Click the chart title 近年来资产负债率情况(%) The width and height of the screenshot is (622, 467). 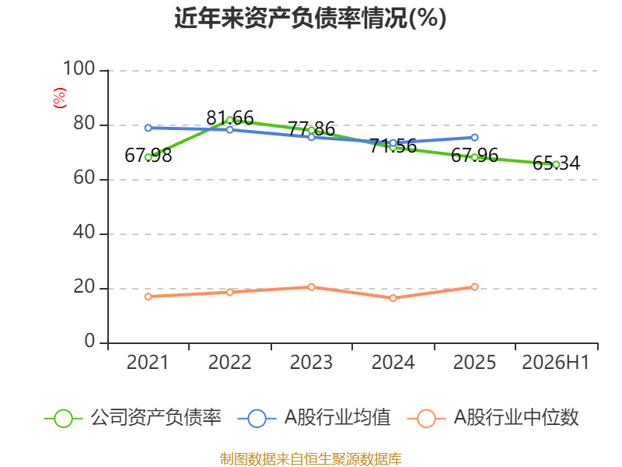coord(310,18)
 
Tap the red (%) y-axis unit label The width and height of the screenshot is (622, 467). coord(60,98)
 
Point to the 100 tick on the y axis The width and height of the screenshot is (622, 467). coord(79,68)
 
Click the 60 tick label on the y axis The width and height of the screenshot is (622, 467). coord(84,178)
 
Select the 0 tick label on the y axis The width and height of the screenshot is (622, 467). coord(89,341)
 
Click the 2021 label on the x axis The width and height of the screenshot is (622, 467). coord(148,362)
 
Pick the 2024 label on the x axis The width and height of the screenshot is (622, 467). coord(393,362)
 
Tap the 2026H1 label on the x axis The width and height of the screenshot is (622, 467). coord(555,362)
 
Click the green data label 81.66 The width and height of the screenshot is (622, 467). coord(230,118)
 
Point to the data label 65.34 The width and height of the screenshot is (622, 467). coord(556,163)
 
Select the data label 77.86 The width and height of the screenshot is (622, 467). coord(312,128)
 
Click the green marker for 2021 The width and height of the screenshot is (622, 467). coord(149,157)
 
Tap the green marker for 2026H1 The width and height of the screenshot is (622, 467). coord(556,164)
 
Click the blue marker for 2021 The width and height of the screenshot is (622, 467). coord(149,128)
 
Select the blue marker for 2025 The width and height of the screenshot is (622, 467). coord(474,138)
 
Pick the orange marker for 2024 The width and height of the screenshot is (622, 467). coord(393,298)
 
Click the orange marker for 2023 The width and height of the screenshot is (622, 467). coord(312,286)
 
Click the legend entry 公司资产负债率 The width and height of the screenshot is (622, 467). coord(132,418)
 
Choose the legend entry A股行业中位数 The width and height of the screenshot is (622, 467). coord(493,418)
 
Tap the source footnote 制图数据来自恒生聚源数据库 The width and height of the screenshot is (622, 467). coord(311,459)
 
